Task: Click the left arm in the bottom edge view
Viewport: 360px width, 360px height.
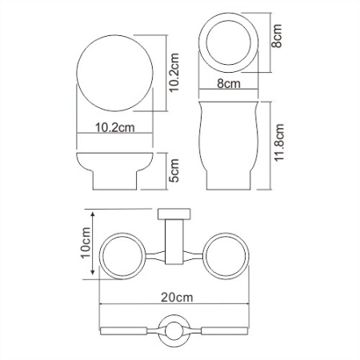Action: [128, 329]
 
